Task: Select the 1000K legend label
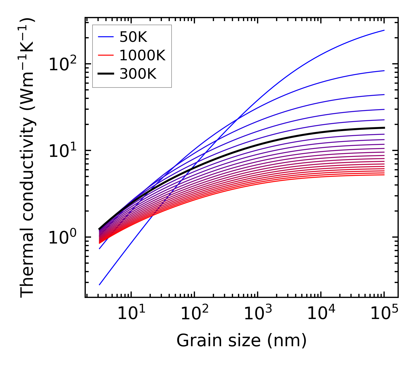click(x=142, y=56)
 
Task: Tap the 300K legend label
click(x=138, y=74)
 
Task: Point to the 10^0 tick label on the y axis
click(x=62, y=237)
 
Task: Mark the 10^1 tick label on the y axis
click(x=62, y=151)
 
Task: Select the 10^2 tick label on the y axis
click(x=62, y=64)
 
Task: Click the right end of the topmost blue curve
click(x=384, y=30)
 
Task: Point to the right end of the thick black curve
click(x=384, y=128)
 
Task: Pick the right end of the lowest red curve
click(x=384, y=175)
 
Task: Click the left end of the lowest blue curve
click(x=100, y=284)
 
